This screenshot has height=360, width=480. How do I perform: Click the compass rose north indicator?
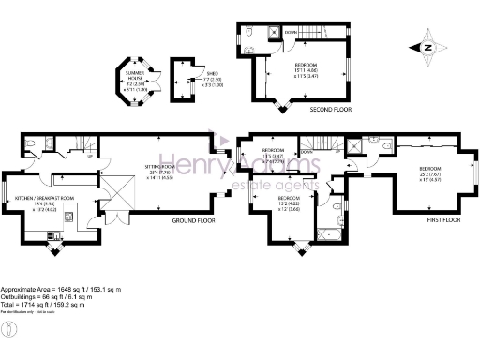(427, 47)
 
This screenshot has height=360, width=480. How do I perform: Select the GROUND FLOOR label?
(194, 220)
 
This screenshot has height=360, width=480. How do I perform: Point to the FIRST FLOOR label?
(446, 220)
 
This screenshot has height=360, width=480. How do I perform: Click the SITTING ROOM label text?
(158, 171)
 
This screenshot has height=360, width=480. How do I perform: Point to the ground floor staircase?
(84, 145)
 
